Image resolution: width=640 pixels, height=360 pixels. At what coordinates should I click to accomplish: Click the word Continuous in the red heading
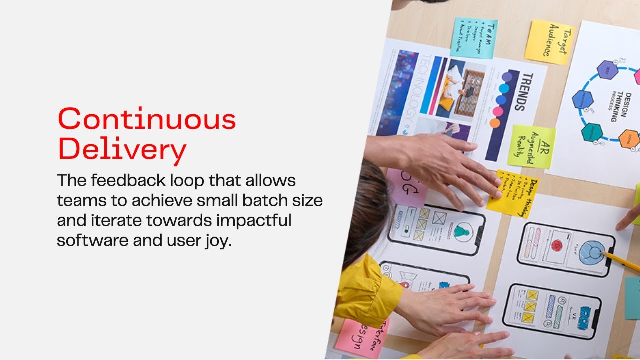tap(147, 120)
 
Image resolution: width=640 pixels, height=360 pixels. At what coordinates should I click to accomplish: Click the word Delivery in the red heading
tap(122, 149)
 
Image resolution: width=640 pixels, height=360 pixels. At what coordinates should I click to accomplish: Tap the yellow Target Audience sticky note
tap(549, 42)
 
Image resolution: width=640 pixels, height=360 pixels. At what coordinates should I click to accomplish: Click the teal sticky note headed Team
tap(473, 38)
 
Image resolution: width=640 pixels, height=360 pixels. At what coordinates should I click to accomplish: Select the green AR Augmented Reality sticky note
tap(532, 147)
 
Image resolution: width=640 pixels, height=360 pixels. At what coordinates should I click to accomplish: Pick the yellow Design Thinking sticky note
tap(513, 194)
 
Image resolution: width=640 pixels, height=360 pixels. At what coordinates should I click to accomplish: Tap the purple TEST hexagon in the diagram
tap(608, 70)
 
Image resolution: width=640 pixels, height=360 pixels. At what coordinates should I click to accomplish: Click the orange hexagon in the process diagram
tap(629, 138)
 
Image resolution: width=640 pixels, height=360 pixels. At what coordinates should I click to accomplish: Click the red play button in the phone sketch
tap(556, 245)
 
